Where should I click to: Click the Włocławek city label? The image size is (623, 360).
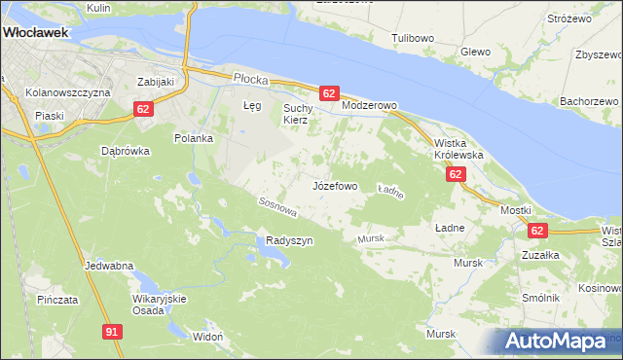pos(35,31)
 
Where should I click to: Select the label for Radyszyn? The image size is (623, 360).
pos(289,240)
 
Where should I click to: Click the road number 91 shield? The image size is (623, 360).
pos(113,332)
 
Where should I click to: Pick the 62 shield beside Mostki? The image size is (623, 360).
pos(538,230)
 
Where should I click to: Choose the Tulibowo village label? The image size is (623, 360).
pos(413,38)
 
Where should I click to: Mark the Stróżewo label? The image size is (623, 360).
pos(570,18)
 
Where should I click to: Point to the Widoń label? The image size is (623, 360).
pos(208,337)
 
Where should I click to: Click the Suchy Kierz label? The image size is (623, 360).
pos(295,113)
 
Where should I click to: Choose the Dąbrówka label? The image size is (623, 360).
pos(126,151)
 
